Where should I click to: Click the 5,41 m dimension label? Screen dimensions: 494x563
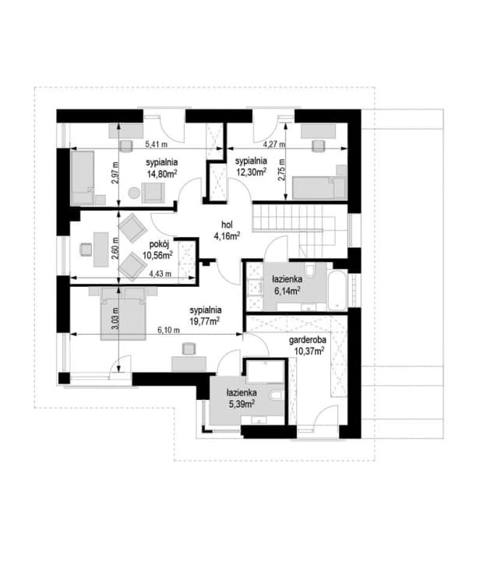(156, 144)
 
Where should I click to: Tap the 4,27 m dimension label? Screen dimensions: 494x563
(274, 144)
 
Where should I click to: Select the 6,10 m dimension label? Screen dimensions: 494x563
(168, 330)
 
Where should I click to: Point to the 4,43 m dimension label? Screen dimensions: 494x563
(161, 274)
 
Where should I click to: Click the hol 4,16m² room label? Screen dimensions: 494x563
(227, 230)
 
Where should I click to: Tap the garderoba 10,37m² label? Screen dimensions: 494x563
(308, 345)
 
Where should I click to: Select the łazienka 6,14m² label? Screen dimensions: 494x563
(287, 285)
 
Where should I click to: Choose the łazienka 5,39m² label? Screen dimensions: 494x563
(242, 398)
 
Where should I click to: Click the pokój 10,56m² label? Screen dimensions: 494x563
(158, 250)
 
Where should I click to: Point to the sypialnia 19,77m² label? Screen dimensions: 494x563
(205, 315)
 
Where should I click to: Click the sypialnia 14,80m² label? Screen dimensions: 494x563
(162, 168)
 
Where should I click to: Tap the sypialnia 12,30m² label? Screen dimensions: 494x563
(251, 166)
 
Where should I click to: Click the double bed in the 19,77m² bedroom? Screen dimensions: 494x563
(123, 313)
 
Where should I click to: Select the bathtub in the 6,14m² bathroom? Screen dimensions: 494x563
(337, 291)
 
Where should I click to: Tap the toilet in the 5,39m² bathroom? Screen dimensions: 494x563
(277, 395)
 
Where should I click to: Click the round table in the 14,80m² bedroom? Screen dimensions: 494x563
(134, 193)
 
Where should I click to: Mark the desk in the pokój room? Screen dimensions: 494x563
(101, 250)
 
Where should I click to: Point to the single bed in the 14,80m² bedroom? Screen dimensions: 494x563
(83, 178)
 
